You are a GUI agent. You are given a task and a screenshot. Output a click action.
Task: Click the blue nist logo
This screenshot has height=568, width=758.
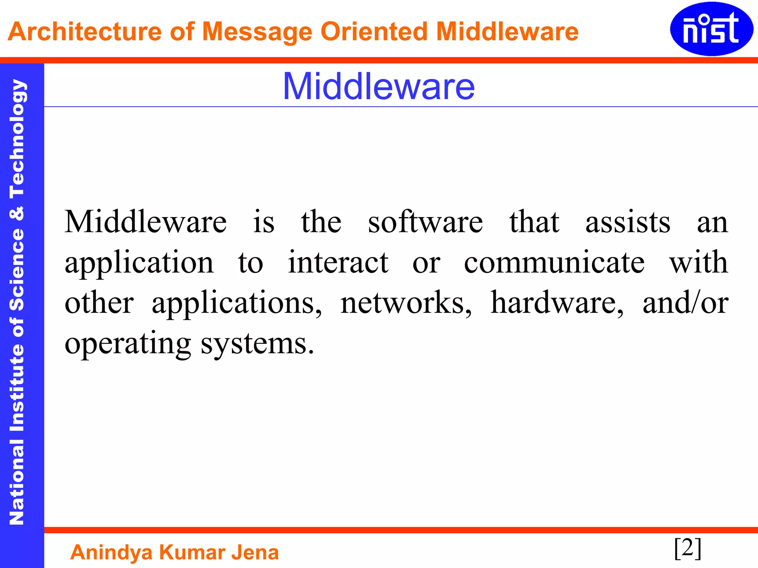711,29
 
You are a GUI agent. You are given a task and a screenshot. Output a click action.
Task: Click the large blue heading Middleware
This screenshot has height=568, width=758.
379,86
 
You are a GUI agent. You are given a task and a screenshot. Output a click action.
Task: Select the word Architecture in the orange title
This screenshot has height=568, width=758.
85,31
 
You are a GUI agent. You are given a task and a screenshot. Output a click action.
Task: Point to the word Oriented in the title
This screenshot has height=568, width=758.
373,31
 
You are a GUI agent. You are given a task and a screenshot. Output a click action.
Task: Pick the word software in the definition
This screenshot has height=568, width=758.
425,222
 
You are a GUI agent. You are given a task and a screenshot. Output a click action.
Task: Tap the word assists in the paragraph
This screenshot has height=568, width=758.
628,222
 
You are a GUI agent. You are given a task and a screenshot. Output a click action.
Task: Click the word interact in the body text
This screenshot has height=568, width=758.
338,262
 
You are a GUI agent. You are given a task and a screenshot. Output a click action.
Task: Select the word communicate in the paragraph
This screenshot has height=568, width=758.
554,262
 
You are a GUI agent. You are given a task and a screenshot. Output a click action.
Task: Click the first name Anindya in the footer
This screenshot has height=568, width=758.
111,552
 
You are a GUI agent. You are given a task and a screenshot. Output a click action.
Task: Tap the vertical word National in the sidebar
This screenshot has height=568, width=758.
17,483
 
